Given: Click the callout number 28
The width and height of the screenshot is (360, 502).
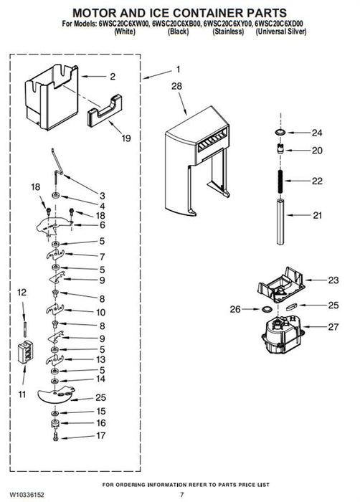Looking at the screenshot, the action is [176, 86].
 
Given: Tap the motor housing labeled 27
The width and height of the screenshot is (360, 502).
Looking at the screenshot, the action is [283, 334].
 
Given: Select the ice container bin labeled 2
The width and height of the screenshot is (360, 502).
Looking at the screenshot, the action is [52, 97].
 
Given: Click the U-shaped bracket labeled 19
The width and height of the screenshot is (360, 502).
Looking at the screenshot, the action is [105, 110].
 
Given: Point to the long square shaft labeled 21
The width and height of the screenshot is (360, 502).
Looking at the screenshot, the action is [280, 222].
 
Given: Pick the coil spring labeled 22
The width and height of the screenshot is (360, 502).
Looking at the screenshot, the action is [280, 181].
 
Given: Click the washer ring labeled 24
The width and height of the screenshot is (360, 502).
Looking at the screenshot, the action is [280, 132].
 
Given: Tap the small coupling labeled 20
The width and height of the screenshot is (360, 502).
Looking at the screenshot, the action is [280, 149].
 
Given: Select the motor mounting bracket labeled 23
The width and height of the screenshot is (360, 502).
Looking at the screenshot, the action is [281, 285].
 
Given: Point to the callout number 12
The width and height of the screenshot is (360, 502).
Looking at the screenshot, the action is [22, 293].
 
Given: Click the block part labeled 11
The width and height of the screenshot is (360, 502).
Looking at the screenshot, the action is [26, 352].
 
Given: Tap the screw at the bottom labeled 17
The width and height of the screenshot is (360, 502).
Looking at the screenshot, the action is [55, 437].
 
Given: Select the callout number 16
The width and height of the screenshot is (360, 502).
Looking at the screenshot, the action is [101, 423].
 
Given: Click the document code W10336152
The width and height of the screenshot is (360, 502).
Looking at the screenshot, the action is [27, 495].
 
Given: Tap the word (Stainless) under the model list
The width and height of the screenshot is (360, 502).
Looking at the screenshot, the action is [228, 32].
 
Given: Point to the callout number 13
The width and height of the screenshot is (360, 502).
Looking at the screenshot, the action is [100, 359].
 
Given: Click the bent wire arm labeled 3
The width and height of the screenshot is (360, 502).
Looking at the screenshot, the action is [57, 166].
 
